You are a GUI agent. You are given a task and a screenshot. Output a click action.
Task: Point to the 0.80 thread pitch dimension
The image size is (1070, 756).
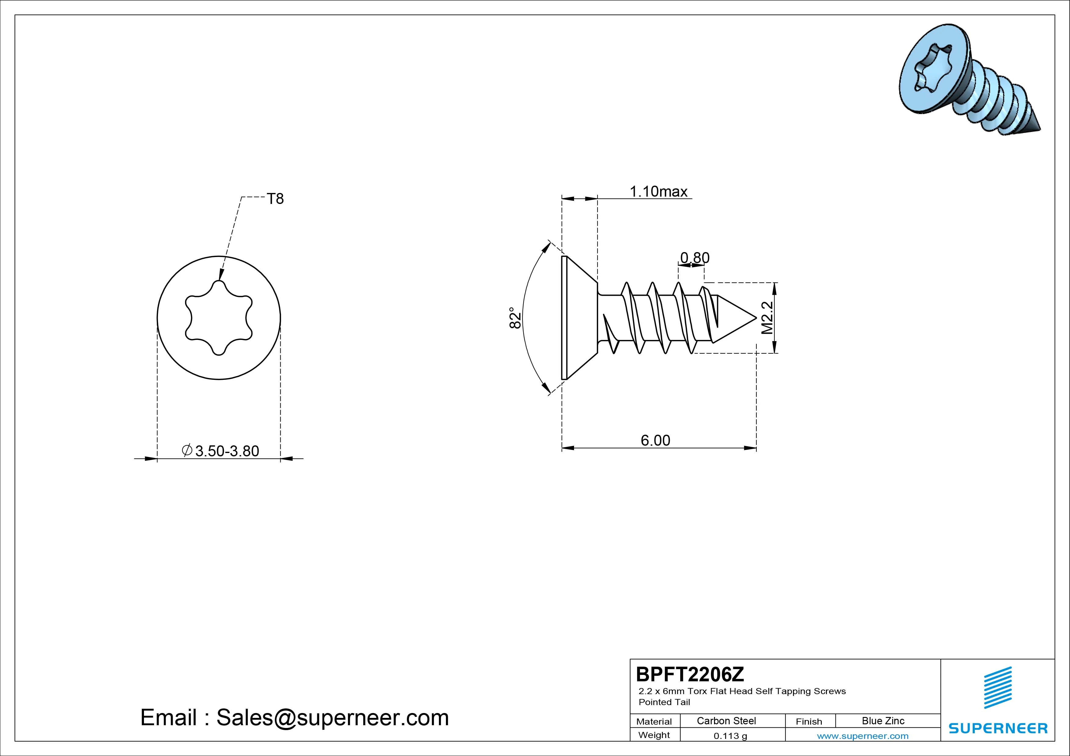coord(695,258)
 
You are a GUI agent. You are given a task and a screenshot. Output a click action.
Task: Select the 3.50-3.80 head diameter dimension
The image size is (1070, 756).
coord(221,451)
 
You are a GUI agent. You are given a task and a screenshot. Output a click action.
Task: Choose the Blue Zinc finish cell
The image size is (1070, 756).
coord(883,721)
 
